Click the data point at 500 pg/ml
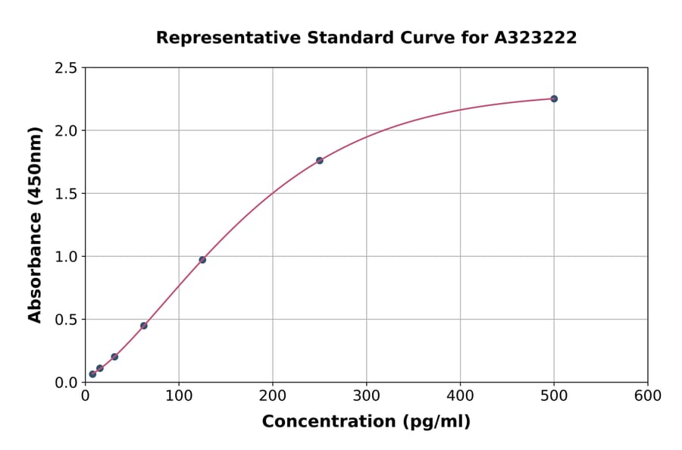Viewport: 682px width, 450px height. pos(554,98)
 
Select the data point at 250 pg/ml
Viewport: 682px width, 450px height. pos(320,161)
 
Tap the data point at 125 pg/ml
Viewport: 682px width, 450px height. pos(202,260)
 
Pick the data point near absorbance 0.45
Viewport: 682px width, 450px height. pos(144,326)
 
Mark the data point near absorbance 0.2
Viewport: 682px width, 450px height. pos(114,357)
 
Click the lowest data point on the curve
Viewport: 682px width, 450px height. pos(92,374)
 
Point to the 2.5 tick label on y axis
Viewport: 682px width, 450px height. pos(67,68)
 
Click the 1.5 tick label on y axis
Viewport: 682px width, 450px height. pos(67,194)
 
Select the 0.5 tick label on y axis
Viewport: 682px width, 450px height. pos(67,320)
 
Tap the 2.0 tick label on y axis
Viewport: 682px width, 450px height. pos(67,131)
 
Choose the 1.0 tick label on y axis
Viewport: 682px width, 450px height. pos(67,257)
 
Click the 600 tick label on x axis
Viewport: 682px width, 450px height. pos(648,395)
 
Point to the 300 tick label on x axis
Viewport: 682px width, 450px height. pos(367,395)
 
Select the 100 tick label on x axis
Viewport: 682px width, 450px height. pos(179,395)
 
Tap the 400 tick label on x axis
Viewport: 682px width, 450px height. pos(460,395)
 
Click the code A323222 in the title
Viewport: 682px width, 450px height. pos(537,38)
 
